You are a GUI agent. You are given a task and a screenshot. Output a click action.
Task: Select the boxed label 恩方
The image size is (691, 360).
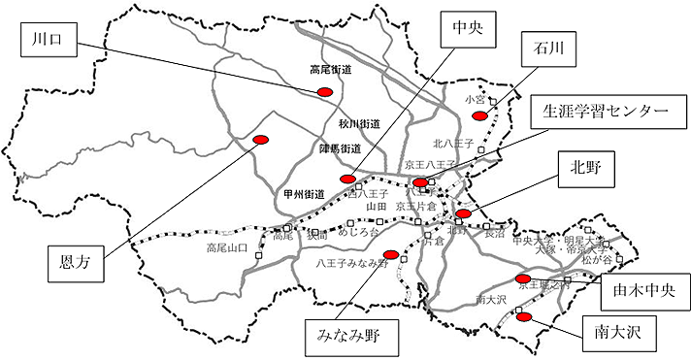click(x=74, y=261)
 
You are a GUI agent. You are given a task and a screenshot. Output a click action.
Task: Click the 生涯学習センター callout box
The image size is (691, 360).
click(x=602, y=112)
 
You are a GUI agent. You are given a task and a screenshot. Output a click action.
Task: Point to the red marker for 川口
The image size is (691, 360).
click(x=325, y=91)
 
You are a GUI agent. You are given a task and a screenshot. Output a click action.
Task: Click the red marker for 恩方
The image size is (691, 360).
click(x=260, y=139)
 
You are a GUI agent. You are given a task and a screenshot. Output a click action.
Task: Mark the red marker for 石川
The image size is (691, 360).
click(x=478, y=115)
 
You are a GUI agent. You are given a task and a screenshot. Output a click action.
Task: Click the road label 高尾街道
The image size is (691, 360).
click(x=332, y=70)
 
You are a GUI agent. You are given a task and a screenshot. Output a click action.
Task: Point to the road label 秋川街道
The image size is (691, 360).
click(x=359, y=124)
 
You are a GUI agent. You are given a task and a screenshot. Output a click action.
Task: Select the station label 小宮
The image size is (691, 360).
click(x=475, y=99)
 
